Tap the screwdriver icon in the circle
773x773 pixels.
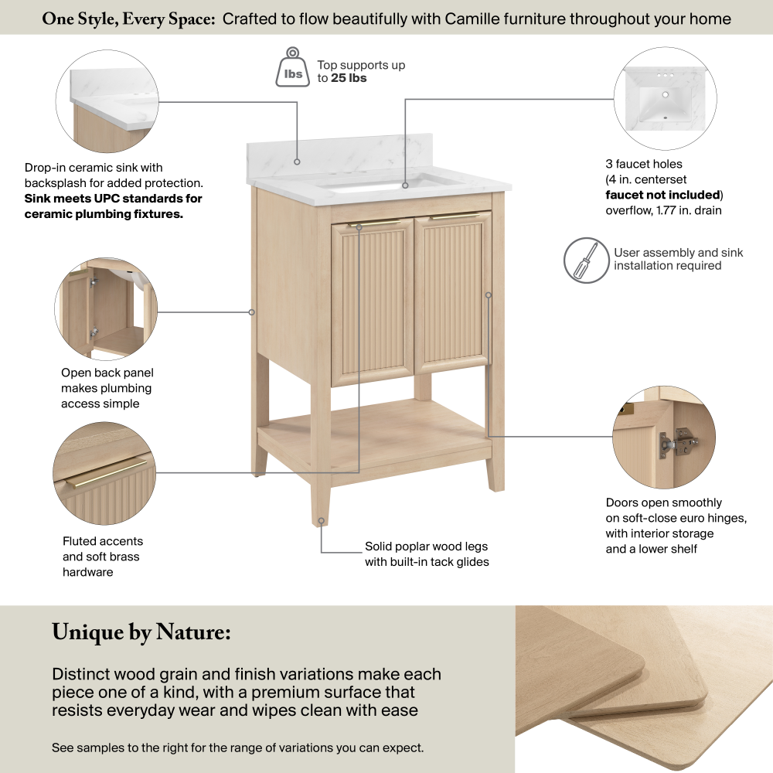[586, 261]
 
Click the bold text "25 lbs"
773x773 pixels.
[349, 78]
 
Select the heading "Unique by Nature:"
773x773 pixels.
[141, 632]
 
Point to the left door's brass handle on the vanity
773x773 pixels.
[373, 224]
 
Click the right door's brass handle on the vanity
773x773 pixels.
[454, 216]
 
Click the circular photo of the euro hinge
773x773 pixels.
[663, 438]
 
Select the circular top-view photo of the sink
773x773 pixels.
[665, 99]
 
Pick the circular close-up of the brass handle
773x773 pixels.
[104, 473]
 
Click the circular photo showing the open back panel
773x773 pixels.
[106, 308]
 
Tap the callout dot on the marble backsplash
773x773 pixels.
[297, 162]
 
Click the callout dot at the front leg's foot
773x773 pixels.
[321, 520]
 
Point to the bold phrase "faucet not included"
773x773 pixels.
[662, 195]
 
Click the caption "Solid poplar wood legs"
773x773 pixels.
[426, 547]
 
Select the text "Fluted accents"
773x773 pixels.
[103, 541]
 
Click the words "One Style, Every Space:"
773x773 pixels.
[128, 19]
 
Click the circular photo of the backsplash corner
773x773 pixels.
[107, 101]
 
